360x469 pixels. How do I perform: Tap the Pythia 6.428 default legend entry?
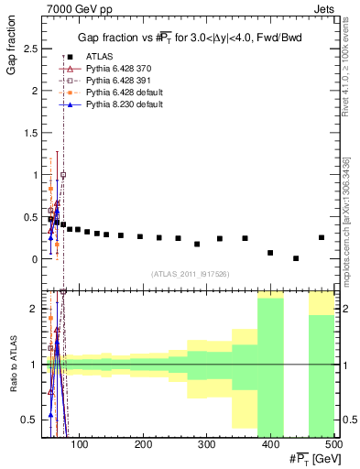[x=119, y=94]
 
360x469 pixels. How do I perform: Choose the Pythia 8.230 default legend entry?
[x=119, y=104]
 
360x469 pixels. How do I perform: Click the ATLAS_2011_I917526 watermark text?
[x=191, y=274]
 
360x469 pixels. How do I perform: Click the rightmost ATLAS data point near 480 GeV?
[x=322, y=237]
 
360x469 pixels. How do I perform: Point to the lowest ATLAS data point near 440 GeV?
[x=296, y=258]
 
